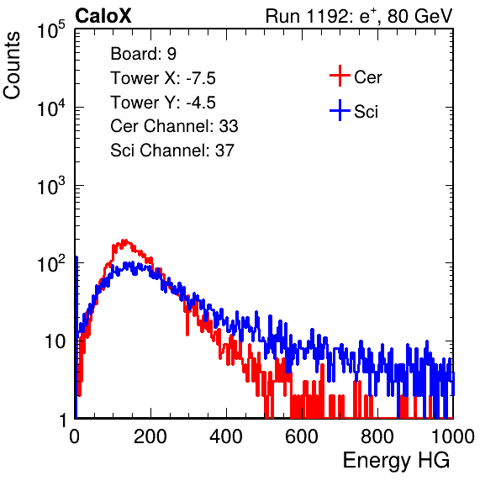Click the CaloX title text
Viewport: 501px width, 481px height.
coord(103,16)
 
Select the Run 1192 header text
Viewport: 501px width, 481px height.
coord(359,16)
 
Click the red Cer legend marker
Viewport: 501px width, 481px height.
coord(340,76)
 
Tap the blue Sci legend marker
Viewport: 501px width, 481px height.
coord(340,111)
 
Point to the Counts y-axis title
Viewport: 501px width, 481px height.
coord(12,66)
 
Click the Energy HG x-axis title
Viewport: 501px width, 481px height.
coord(396,461)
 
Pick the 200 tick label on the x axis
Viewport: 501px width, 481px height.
coord(150,436)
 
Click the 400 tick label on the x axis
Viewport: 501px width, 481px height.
coord(226,436)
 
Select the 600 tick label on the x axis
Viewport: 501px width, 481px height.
coord(302,436)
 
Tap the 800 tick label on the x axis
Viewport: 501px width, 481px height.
coord(377,436)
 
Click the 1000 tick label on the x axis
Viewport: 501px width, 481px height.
coord(453,436)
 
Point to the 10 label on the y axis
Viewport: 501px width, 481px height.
coord(55,341)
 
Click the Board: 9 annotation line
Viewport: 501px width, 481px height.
coord(143,54)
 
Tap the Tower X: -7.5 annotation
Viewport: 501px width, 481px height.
coord(163,78)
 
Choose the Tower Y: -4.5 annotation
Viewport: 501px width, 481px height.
coord(163,103)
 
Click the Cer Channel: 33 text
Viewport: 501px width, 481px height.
coord(174,126)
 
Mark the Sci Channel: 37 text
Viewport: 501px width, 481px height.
coord(172,151)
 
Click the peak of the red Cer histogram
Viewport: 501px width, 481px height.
coord(125,240)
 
